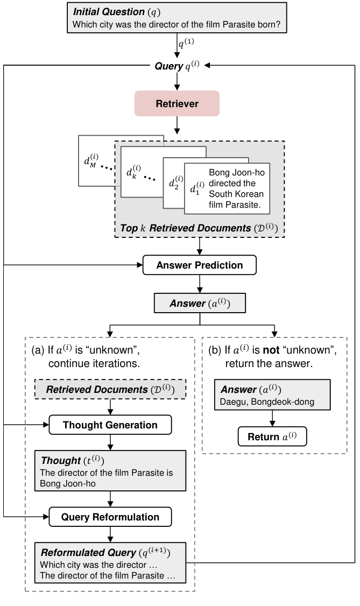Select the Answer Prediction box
[x=199, y=265]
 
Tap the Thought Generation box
[x=110, y=425]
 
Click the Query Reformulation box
[x=110, y=517]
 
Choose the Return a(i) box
[x=272, y=436]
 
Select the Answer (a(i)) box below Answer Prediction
[x=200, y=304]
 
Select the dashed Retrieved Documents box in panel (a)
[x=110, y=389]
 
